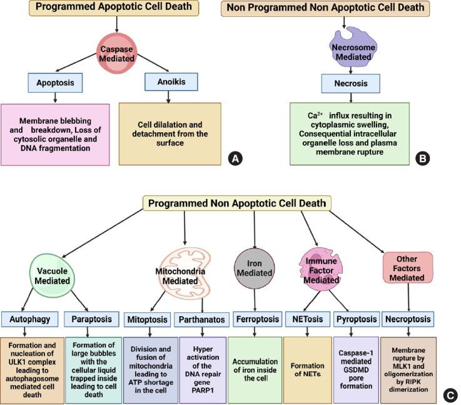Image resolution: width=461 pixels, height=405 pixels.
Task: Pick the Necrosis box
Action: point(350,83)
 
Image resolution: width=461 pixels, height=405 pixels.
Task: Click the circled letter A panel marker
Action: point(235,159)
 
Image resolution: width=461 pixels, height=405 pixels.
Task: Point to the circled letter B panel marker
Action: point(423,159)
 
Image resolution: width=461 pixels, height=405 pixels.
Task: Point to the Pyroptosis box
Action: point(356,319)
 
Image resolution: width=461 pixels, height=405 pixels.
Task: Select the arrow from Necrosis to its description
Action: point(350,96)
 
